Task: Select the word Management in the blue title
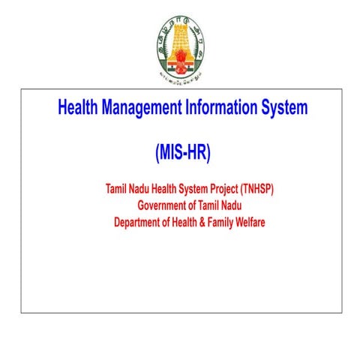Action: point(143,108)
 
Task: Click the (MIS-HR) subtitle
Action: point(183,153)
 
